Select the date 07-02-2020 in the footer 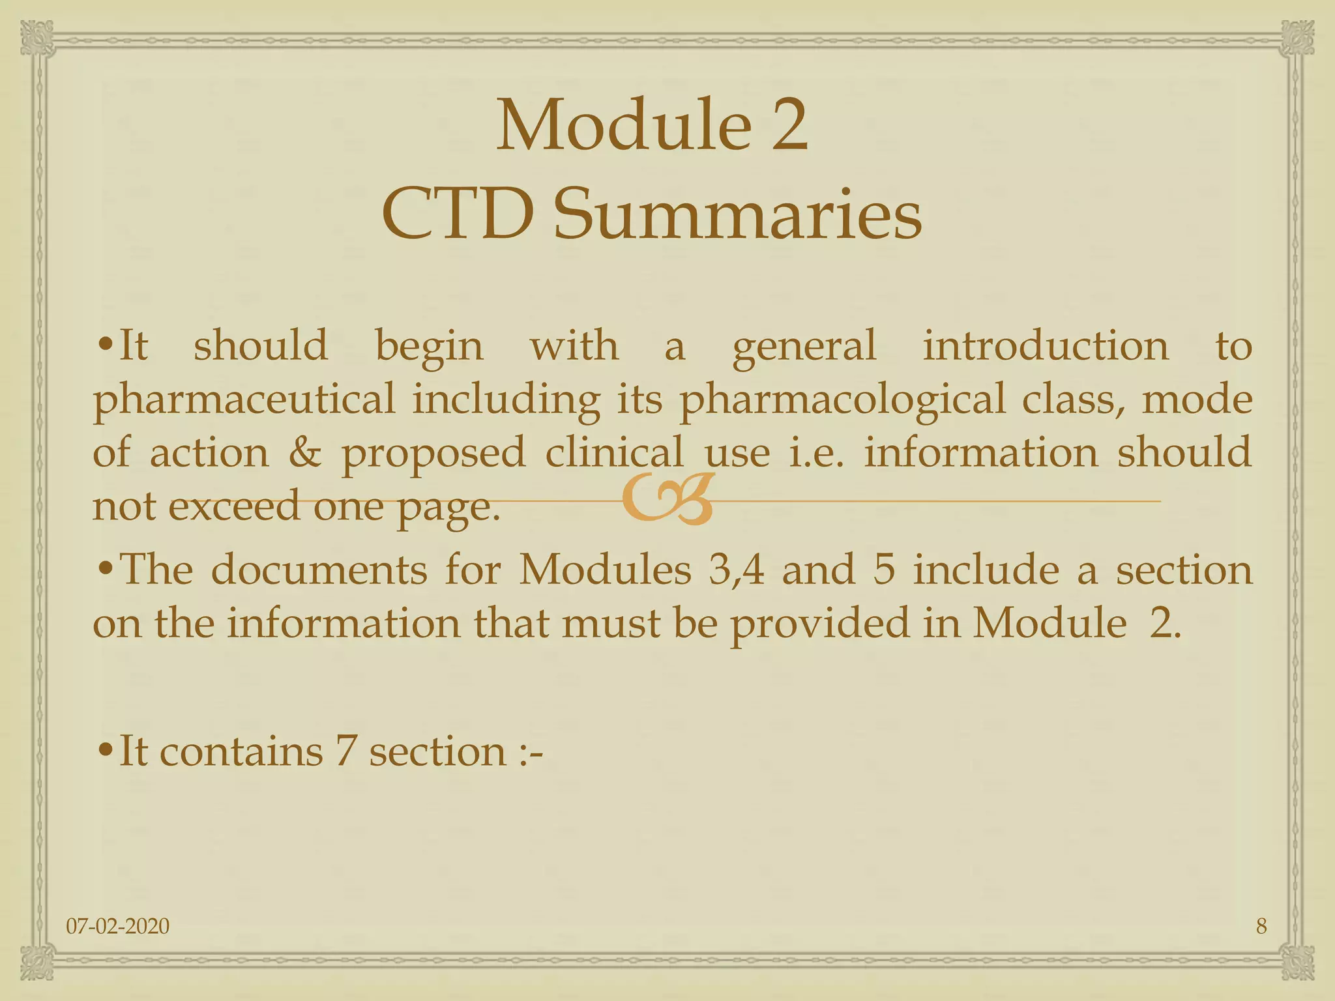[x=118, y=925]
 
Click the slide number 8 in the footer [x=1261, y=925]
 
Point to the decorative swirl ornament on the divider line [x=666, y=500]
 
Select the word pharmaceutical [x=244, y=399]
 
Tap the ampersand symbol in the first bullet [x=305, y=452]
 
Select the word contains [x=241, y=751]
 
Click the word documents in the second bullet [x=319, y=570]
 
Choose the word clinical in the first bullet [x=614, y=452]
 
